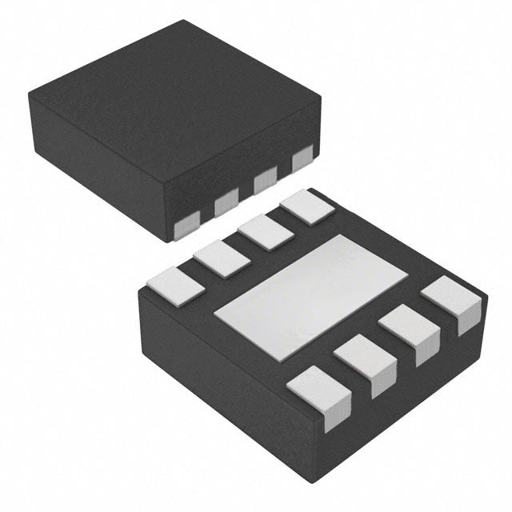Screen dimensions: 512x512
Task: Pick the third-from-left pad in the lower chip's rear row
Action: coord(265,233)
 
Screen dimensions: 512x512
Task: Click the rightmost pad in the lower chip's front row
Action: coord(453,299)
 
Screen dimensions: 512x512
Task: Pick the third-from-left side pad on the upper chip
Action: coord(265,183)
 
